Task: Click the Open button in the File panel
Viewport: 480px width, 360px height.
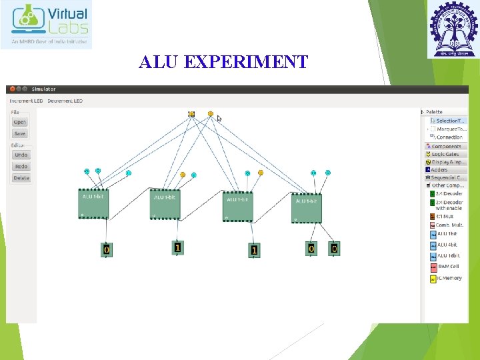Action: pos(20,122)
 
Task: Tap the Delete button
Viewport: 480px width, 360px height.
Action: pos(21,178)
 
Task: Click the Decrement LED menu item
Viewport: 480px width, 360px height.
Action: pos(65,101)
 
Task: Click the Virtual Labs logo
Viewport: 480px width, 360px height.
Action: pos(47,25)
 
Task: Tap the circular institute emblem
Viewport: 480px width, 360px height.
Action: pos(453,29)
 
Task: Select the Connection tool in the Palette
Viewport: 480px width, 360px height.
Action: pos(449,137)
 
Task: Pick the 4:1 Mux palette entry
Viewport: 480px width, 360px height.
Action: pos(444,216)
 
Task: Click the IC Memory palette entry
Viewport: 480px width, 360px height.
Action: pos(448,278)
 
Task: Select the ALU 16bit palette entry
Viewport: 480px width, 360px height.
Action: pos(447,255)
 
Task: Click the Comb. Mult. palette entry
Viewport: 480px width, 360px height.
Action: pos(449,225)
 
